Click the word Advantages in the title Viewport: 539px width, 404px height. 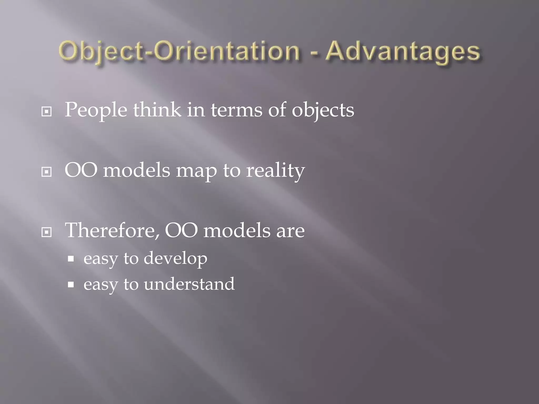403,52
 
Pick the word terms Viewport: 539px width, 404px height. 236,110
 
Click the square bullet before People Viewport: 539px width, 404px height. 47,112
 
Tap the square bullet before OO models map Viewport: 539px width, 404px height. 47,172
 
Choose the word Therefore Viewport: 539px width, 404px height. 112,230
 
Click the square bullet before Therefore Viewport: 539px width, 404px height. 47,232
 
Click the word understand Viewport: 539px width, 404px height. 189,284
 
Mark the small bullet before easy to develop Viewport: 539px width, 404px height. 71,259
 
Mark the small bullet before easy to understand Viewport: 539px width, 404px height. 71,285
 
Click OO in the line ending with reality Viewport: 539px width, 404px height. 81,170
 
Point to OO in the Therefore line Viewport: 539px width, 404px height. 181,231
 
